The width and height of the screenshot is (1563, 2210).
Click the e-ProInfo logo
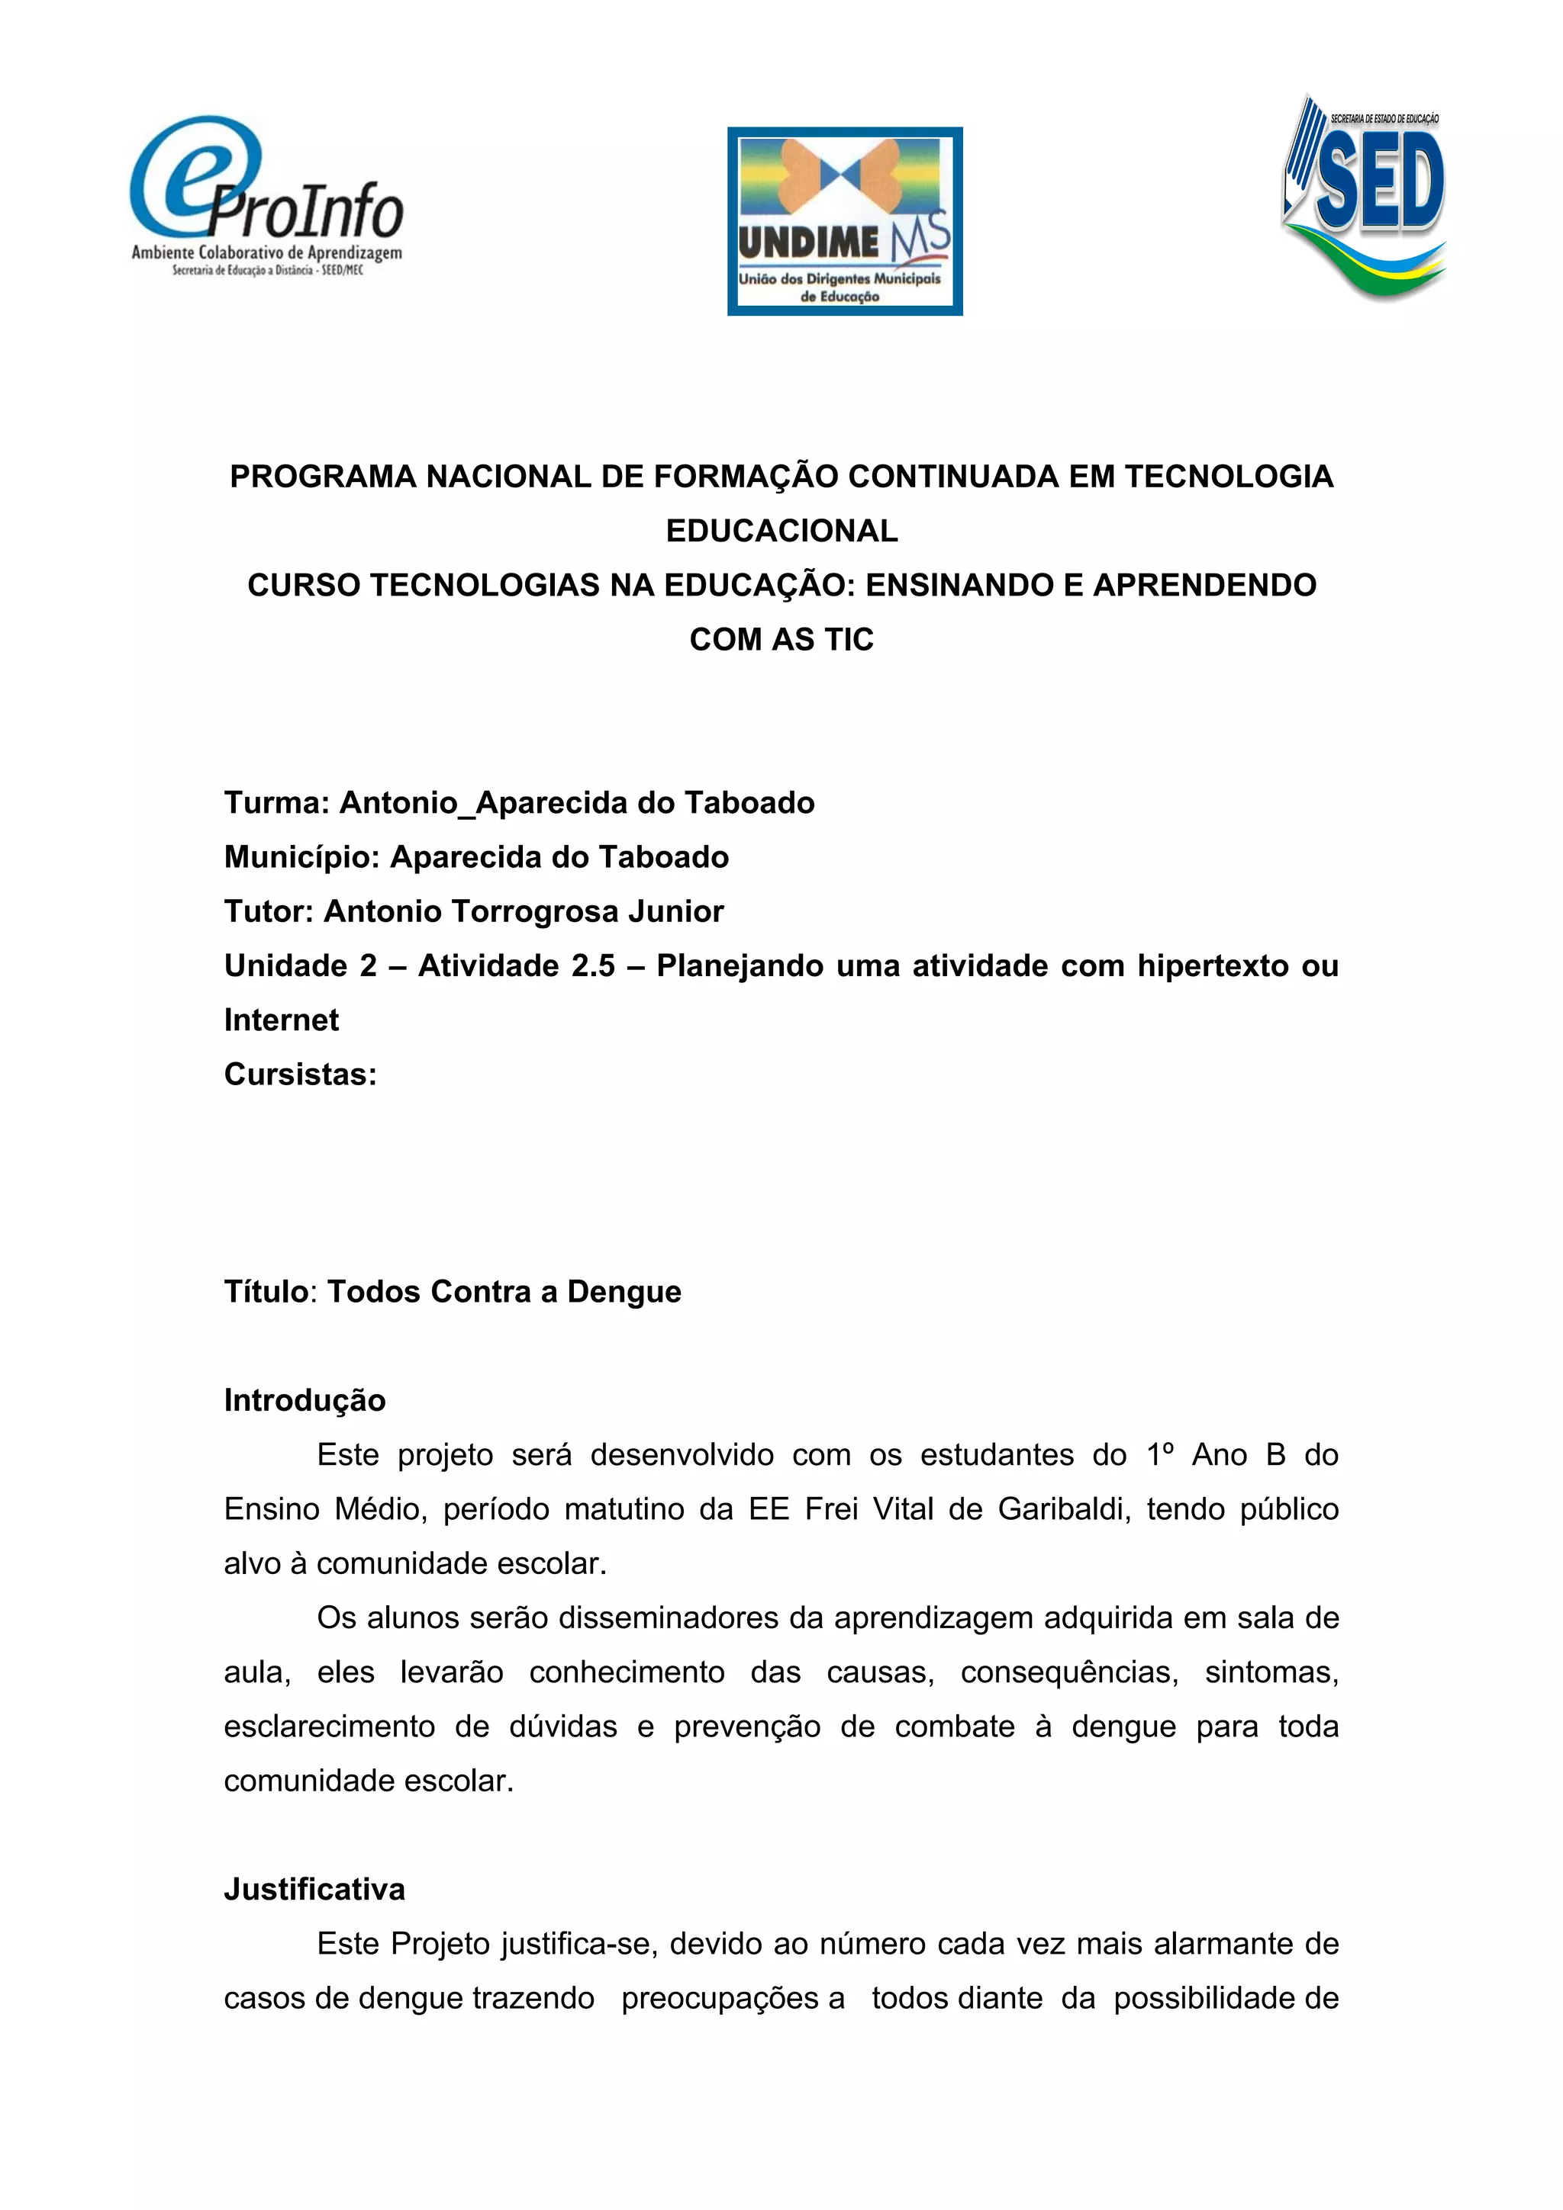(267, 198)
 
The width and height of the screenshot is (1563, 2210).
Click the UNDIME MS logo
(845, 220)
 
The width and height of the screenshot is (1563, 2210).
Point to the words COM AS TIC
(781, 639)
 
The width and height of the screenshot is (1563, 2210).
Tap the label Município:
(301, 856)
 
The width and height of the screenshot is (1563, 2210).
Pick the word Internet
(281, 1020)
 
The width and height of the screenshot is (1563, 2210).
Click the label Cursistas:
(301, 1074)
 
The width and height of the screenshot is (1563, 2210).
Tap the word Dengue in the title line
(624, 1292)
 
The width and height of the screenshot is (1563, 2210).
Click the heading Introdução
(305, 1400)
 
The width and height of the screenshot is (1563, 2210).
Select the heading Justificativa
(314, 1890)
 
